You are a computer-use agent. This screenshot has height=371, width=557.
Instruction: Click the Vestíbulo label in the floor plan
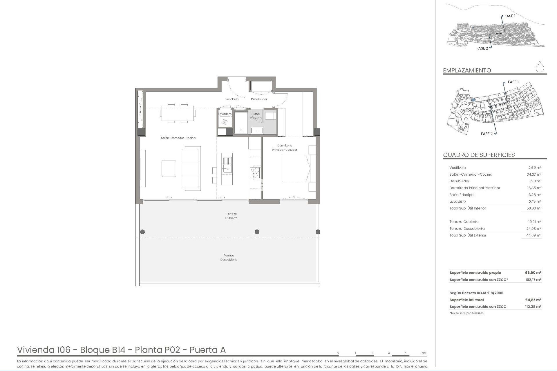(x=232, y=99)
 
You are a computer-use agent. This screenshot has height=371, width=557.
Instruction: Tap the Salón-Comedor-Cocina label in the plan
(x=178, y=138)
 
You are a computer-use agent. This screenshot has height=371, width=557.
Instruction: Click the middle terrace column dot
(x=257, y=232)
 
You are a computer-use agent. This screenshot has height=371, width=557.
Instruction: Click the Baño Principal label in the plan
(x=256, y=116)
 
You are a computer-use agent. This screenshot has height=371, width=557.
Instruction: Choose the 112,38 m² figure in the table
(x=533, y=307)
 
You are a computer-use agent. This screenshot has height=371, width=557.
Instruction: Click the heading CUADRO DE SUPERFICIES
(x=479, y=155)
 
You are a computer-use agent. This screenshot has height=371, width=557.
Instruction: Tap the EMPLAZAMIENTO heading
(x=467, y=70)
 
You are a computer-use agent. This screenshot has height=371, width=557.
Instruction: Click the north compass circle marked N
(x=540, y=68)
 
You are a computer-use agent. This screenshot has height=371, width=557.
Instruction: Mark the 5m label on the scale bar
(x=424, y=353)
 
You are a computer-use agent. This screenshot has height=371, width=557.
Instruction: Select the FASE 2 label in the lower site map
(x=487, y=134)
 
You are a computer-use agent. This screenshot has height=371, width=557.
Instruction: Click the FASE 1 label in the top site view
(x=510, y=16)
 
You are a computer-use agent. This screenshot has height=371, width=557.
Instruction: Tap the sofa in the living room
(x=191, y=168)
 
